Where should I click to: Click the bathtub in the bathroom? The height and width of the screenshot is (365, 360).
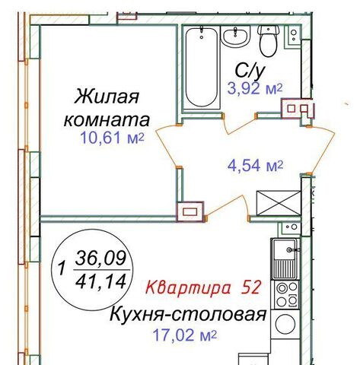click(x=202, y=68)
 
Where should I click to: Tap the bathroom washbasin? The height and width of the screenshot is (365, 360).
click(x=235, y=36)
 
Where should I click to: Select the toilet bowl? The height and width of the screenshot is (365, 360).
click(x=269, y=40)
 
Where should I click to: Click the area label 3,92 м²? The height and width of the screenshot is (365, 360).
click(x=255, y=89)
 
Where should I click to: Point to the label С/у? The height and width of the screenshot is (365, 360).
click(x=250, y=71)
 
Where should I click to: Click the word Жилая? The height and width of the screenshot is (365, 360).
click(x=107, y=97)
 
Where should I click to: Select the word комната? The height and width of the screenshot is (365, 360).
click(x=107, y=120)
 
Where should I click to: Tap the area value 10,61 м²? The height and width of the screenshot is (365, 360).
click(x=112, y=138)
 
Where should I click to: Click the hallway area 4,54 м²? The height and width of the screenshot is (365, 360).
click(x=255, y=166)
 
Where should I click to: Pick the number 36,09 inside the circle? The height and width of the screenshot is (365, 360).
click(x=100, y=258)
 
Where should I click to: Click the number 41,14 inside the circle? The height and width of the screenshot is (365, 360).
click(x=100, y=281)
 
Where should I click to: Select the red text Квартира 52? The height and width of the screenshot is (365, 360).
click(x=204, y=287)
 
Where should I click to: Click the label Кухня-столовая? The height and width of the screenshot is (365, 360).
click(x=188, y=315)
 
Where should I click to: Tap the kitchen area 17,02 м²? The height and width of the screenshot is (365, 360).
click(x=185, y=335)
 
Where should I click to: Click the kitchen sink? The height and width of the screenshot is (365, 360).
click(x=285, y=259)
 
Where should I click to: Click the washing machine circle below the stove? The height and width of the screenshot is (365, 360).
click(x=285, y=324)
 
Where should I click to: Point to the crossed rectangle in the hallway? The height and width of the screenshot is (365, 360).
click(x=279, y=203)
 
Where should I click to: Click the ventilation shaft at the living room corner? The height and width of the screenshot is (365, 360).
click(x=190, y=211)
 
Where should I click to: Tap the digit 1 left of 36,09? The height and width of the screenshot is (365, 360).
click(x=61, y=268)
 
